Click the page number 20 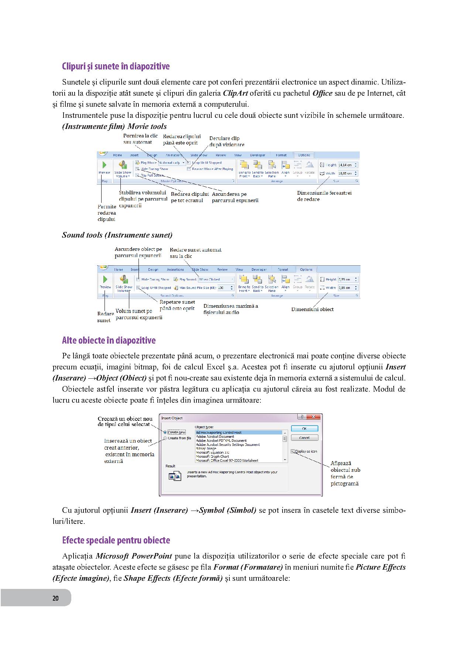tap(55, 598)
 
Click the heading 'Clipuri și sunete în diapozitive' tap(116, 66)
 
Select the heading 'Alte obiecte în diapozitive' tap(109, 340)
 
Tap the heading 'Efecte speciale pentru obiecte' tap(116, 540)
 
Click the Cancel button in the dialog tap(304, 438)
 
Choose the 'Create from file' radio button tap(165, 438)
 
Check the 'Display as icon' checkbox tap(293, 451)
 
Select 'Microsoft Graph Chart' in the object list tap(212, 457)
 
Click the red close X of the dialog tap(314, 417)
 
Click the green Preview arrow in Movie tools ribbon tap(104, 165)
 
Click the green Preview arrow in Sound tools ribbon tap(105, 279)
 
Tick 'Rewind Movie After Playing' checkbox tap(189, 169)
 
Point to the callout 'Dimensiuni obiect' tap(312, 310)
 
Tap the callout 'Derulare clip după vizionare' tap(226, 141)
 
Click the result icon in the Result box tap(174, 476)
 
